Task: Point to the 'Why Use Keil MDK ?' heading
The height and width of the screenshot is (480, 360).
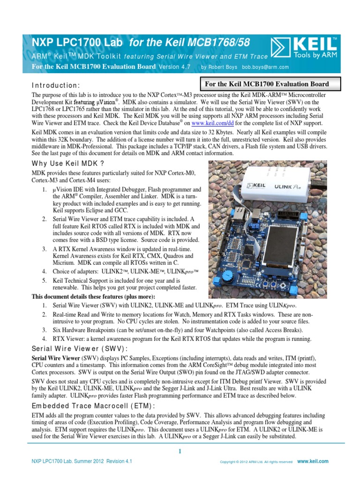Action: coord(67,163)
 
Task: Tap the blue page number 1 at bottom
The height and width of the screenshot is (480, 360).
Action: coord(180,451)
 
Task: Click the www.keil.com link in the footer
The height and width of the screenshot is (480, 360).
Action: coord(313,461)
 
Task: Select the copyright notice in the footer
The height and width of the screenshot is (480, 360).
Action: coord(257,462)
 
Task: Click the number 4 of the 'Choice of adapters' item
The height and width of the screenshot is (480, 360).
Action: coord(44,271)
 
